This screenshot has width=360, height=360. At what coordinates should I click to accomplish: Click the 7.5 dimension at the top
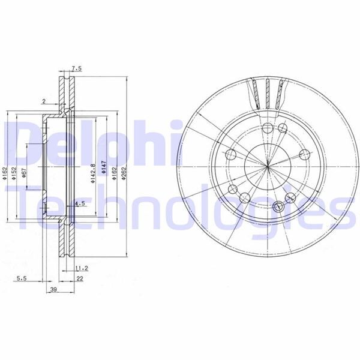pos(76,69)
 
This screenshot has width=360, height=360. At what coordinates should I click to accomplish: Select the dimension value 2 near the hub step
pos(44,101)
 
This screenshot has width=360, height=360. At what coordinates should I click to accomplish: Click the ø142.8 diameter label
pos(94,173)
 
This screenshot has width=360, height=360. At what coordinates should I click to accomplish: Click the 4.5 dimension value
pos(79,205)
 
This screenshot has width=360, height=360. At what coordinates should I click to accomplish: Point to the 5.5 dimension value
pos(20,278)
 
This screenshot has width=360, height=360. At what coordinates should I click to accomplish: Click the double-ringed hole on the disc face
pos(277,206)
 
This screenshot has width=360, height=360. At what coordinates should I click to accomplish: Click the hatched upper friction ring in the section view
pos(63,90)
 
